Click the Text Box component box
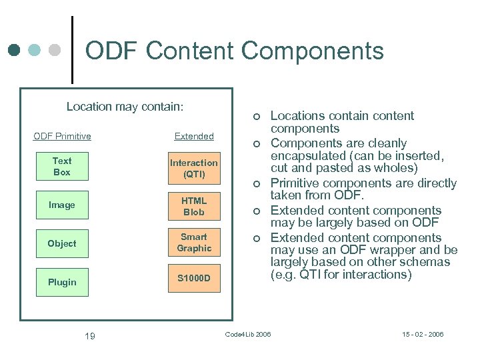[x=62, y=166]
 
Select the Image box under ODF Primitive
[x=62, y=205]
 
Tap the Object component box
[x=62, y=243]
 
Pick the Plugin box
[x=62, y=282]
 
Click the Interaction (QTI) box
[x=193, y=169]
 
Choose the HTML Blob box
[x=193, y=206]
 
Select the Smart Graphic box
[x=193, y=243]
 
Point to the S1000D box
[x=193, y=277]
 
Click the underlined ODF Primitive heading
[x=62, y=136]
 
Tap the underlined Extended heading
[x=194, y=136]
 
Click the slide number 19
[x=89, y=336]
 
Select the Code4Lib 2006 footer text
[x=248, y=334]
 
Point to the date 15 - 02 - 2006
[x=423, y=334]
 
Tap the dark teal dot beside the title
[x=15, y=50]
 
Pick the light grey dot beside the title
[x=55, y=50]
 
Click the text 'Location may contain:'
[x=125, y=107]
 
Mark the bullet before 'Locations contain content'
[x=255, y=117]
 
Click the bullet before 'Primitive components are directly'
[x=255, y=184]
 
